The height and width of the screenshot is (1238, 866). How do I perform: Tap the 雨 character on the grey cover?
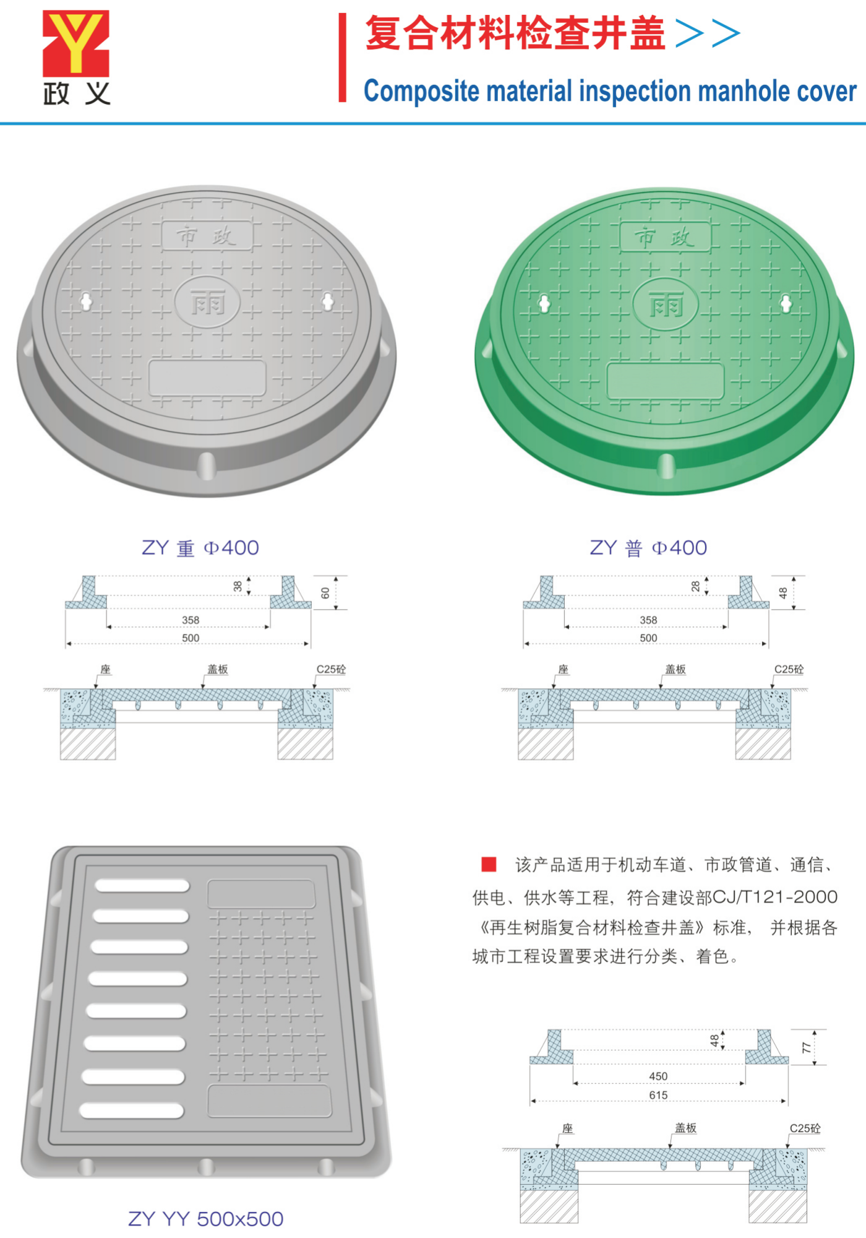click(207, 303)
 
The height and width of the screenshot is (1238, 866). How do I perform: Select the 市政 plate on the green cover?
click(666, 236)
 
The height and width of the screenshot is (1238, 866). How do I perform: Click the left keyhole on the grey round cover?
click(86, 301)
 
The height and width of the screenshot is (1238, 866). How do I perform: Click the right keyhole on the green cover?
click(786, 303)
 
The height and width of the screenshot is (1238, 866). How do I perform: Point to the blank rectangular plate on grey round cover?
click(207, 378)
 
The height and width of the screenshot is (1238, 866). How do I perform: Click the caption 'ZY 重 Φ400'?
click(200, 548)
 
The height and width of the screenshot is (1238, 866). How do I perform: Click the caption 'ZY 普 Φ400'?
click(648, 548)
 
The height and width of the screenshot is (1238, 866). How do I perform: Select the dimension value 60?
click(325, 593)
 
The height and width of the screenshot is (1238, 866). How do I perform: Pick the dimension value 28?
click(696, 586)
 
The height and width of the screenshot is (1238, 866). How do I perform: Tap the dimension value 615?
click(658, 1095)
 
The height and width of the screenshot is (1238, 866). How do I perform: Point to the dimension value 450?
click(658, 1076)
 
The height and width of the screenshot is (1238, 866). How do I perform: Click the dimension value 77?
click(807, 1047)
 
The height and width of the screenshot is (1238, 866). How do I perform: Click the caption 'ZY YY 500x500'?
click(205, 1219)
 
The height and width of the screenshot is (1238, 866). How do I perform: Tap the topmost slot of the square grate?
click(142, 886)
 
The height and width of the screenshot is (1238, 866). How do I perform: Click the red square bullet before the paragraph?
click(489, 864)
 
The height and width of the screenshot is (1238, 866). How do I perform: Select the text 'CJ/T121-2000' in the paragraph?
click(775, 896)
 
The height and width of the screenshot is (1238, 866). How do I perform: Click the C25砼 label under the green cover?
click(789, 669)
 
